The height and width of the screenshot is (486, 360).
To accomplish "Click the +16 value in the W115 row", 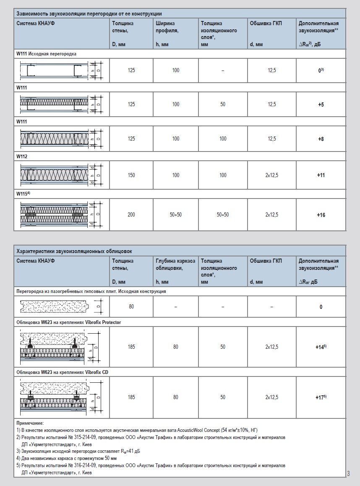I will tap(321, 215).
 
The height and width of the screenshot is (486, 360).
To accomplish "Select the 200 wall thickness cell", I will tap(131, 215).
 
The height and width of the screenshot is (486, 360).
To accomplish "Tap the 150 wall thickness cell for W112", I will tap(131, 175).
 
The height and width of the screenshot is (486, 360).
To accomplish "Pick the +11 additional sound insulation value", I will tap(321, 175).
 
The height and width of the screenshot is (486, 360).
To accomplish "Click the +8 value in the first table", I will tap(321, 139).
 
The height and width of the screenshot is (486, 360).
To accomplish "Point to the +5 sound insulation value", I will tap(321, 105).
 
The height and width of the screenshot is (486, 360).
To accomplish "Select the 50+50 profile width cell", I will tap(175, 215).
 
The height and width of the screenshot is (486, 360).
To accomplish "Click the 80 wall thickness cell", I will tap(131, 307).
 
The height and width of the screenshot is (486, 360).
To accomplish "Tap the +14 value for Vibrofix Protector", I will tap(321, 347).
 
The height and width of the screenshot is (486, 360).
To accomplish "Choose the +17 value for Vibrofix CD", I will tap(321, 397).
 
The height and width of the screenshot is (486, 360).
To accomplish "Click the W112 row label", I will tap(22, 156).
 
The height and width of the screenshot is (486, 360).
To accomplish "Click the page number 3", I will tap(348, 474).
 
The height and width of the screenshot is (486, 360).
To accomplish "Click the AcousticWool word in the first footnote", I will tap(190, 431).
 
